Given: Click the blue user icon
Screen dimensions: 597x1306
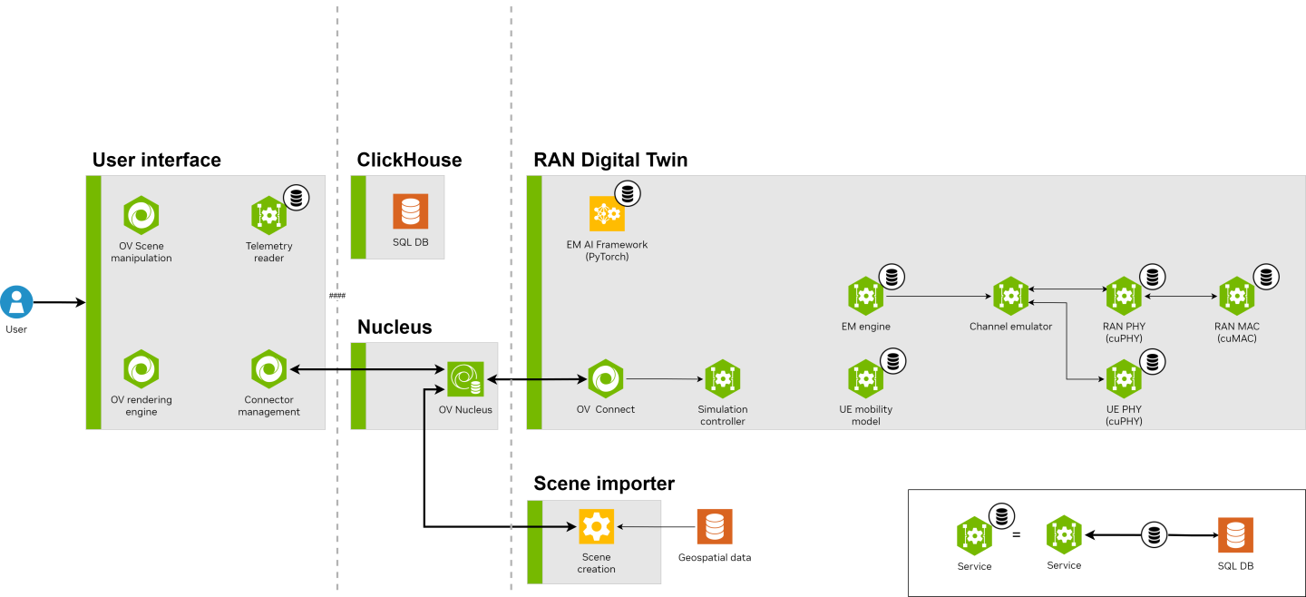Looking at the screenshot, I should click(x=16, y=301).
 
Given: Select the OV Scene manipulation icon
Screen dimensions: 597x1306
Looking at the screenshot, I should click(x=141, y=215).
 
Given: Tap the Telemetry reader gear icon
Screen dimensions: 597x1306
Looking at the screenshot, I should click(x=268, y=215).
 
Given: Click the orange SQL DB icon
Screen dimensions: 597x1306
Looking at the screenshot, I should click(x=410, y=211).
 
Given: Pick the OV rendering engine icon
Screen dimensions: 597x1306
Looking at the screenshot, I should click(x=141, y=369).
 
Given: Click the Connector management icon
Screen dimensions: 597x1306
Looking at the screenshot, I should click(x=268, y=368).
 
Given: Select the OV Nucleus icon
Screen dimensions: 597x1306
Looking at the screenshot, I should click(x=465, y=378).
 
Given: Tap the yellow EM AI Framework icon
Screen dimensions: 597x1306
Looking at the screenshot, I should click(x=607, y=214).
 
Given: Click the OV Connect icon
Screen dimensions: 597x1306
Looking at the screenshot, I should click(x=605, y=378).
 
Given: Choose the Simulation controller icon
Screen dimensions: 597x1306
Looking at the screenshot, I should click(x=722, y=379).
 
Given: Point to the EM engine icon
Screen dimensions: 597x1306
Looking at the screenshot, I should click(x=865, y=296).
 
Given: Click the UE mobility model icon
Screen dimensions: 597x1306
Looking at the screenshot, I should click(x=865, y=378).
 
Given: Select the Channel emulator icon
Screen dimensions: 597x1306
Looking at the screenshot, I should click(x=1010, y=296).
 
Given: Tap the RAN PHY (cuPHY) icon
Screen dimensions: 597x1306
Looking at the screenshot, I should click(x=1123, y=296).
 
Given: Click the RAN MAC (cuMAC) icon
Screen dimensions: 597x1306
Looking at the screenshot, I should click(x=1236, y=296).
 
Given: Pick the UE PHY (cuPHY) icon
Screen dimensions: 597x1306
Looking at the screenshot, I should click(x=1123, y=379).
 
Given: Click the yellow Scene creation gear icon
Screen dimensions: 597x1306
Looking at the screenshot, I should click(x=596, y=526).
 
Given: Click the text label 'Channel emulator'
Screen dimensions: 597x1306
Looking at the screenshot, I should click(x=1010, y=327).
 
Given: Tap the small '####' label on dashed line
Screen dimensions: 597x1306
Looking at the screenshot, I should click(x=337, y=296).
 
